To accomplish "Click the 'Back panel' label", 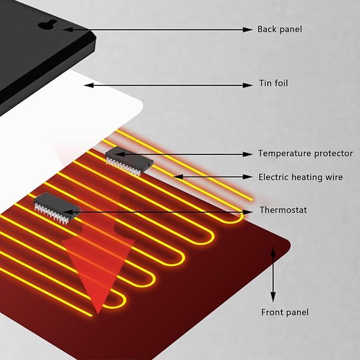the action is [279, 29].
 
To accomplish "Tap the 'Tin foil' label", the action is [274, 83].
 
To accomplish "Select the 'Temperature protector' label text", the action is [305, 153].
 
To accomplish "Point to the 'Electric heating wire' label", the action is [301, 177].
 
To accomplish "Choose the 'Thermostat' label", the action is [283, 210].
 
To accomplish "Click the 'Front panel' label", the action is [285, 312].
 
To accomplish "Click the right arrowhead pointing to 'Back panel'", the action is [248, 29].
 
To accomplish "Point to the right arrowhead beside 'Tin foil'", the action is [248, 85].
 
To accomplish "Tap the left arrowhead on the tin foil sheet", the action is [89, 85].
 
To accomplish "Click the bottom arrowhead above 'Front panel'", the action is [273, 297].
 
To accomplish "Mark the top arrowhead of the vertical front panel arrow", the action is [273, 251].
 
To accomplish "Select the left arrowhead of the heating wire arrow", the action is [178, 177].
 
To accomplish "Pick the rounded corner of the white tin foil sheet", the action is [140, 106].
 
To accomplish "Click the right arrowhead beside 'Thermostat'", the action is [248, 212].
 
